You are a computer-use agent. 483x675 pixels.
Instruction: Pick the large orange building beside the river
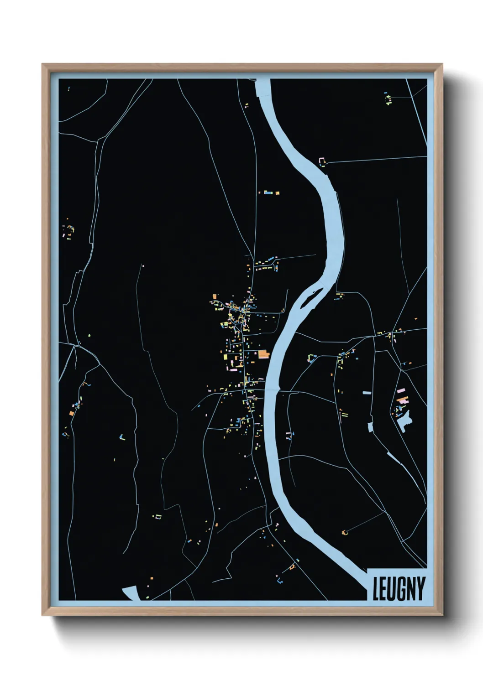tap(264, 354)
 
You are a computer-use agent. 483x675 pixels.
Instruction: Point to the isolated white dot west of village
tap(143, 265)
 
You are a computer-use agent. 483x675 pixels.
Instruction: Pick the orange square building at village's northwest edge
tap(215, 296)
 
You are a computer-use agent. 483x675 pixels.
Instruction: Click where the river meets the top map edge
tap(263, 80)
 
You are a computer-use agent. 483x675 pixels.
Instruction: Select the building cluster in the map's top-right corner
tap(388, 98)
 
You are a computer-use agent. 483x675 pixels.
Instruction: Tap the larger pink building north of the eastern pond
tap(401, 391)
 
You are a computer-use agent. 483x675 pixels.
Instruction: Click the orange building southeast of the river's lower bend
tap(344, 532)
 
